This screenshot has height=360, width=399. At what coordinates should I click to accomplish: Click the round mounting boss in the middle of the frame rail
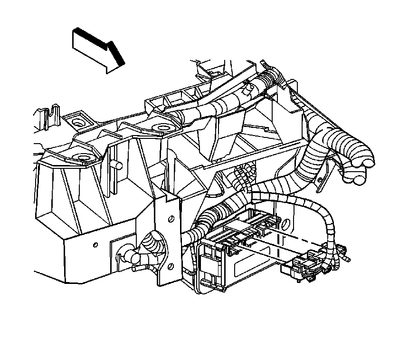coord(163,127)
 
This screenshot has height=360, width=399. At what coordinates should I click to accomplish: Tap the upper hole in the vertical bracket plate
coord(171,219)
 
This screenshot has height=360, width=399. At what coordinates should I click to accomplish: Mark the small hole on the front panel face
coord(95,244)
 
